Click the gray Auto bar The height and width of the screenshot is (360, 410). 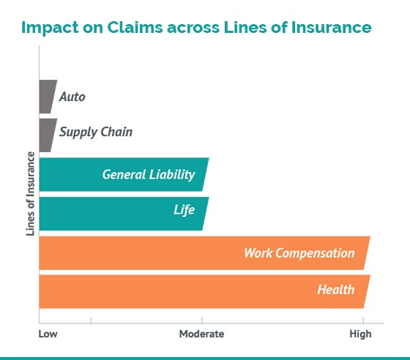pos(48,97)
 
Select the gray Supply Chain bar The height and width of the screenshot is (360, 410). pos(48,135)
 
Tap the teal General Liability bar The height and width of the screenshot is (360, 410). pos(123,175)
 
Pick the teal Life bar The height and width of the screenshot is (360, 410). pos(123,214)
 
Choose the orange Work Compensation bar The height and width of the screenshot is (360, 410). pos(204,253)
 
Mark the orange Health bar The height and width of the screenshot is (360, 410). pos(204,291)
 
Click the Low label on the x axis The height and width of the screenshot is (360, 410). pos(48,334)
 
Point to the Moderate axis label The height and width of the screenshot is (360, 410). pos(201,334)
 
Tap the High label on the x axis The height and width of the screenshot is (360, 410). pos(360,334)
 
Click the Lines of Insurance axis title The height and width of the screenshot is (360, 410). pos(30,194)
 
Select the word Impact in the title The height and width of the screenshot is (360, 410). pos(50,28)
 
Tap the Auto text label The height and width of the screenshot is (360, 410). pos(72,97)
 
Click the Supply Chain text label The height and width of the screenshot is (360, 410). pos(96,132)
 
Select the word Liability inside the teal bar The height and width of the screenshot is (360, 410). pos(172,175)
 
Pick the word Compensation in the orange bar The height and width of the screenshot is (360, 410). pos(315,253)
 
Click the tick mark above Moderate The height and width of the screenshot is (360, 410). pos(201,320)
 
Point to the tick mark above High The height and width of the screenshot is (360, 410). pos(363,320)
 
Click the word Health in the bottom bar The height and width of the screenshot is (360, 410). pos(336,290)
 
